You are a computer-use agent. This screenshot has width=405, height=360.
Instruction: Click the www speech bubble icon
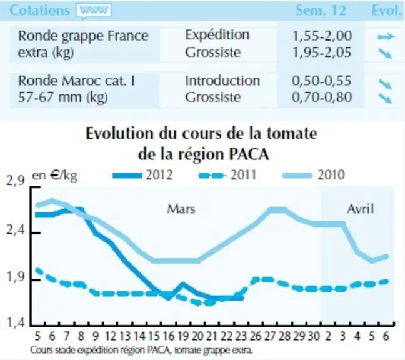94,11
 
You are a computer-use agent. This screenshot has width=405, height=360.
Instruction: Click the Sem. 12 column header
321,11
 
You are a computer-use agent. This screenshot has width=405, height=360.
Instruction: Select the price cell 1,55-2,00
322,36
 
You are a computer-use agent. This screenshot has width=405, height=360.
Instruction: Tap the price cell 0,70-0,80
322,97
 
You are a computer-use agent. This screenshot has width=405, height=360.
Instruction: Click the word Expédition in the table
217,35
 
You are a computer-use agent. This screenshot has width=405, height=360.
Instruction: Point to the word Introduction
222,81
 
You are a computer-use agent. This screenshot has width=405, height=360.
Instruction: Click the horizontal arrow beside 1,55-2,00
386,37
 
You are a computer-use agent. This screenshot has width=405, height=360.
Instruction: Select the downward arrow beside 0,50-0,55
386,84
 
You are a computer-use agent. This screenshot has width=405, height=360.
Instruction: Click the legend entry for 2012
143,175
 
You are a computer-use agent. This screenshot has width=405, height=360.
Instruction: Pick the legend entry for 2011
227,175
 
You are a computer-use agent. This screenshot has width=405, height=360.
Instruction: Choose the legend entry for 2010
314,175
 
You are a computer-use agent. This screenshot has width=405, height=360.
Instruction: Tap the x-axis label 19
183,336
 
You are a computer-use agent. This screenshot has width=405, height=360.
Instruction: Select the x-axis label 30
314,336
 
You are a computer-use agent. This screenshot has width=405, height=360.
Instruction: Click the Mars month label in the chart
181,209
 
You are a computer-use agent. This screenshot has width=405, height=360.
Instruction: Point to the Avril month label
361,209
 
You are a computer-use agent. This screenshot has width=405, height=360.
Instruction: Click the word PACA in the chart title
249,154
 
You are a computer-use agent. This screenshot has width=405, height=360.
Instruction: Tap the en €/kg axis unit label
54,176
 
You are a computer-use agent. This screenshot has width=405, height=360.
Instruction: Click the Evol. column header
387,11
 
